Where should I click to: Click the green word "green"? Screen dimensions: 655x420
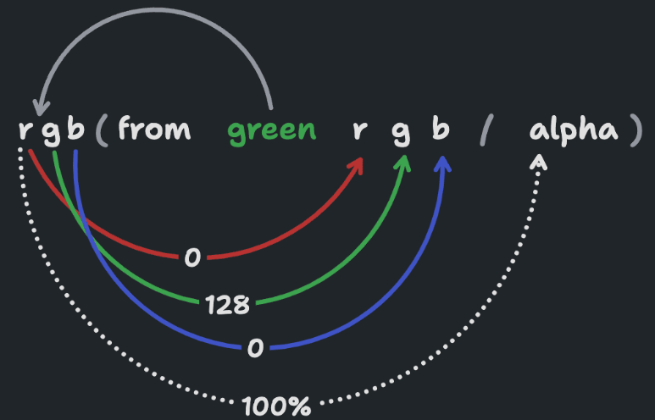[x=271, y=131]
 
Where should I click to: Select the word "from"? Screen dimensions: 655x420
[x=154, y=127]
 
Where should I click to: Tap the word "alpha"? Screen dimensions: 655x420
[x=574, y=130]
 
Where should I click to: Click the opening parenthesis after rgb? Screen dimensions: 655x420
[x=103, y=130]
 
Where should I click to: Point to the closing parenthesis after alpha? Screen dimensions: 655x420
[x=636, y=130]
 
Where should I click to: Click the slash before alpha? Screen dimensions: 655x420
[x=486, y=130]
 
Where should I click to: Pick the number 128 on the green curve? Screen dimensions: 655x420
[x=228, y=305]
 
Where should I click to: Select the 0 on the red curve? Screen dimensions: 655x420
[x=192, y=257]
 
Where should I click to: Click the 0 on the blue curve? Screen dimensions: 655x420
[x=255, y=348]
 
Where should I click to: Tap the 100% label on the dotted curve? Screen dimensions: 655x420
[x=276, y=406]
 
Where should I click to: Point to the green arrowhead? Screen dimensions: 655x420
[x=403, y=163]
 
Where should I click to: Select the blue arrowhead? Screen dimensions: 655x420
[x=443, y=163]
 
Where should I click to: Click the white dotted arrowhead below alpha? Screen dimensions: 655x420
[x=538, y=162]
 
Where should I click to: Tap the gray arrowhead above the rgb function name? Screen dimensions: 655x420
[x=41, y=107]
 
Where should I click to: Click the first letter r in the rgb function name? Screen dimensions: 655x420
[x=25, y=130]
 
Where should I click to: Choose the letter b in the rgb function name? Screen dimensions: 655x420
[x=75, y=127]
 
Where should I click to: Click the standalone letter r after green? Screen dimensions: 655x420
[x=359, y=130]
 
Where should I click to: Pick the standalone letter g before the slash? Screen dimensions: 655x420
[x=401, y=133]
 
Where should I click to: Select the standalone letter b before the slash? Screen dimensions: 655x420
[x=441, y=127]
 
